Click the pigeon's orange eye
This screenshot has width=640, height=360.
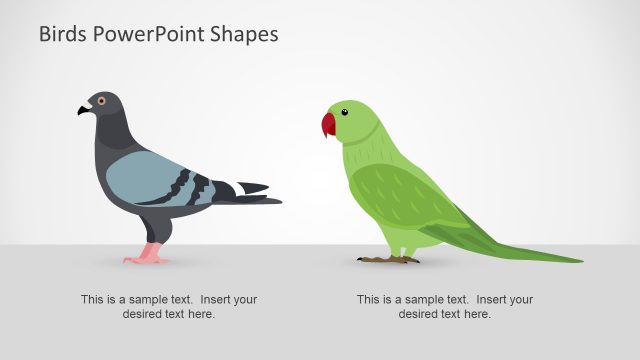coord(99,101)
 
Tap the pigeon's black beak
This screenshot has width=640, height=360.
coord(83,110)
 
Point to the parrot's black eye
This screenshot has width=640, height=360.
coord(345,112)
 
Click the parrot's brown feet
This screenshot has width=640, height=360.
coord(388,259)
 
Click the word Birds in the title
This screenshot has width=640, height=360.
coord(63,34)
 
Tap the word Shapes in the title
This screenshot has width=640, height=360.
coord(246,34)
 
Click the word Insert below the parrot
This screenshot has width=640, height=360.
coord(488,299)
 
